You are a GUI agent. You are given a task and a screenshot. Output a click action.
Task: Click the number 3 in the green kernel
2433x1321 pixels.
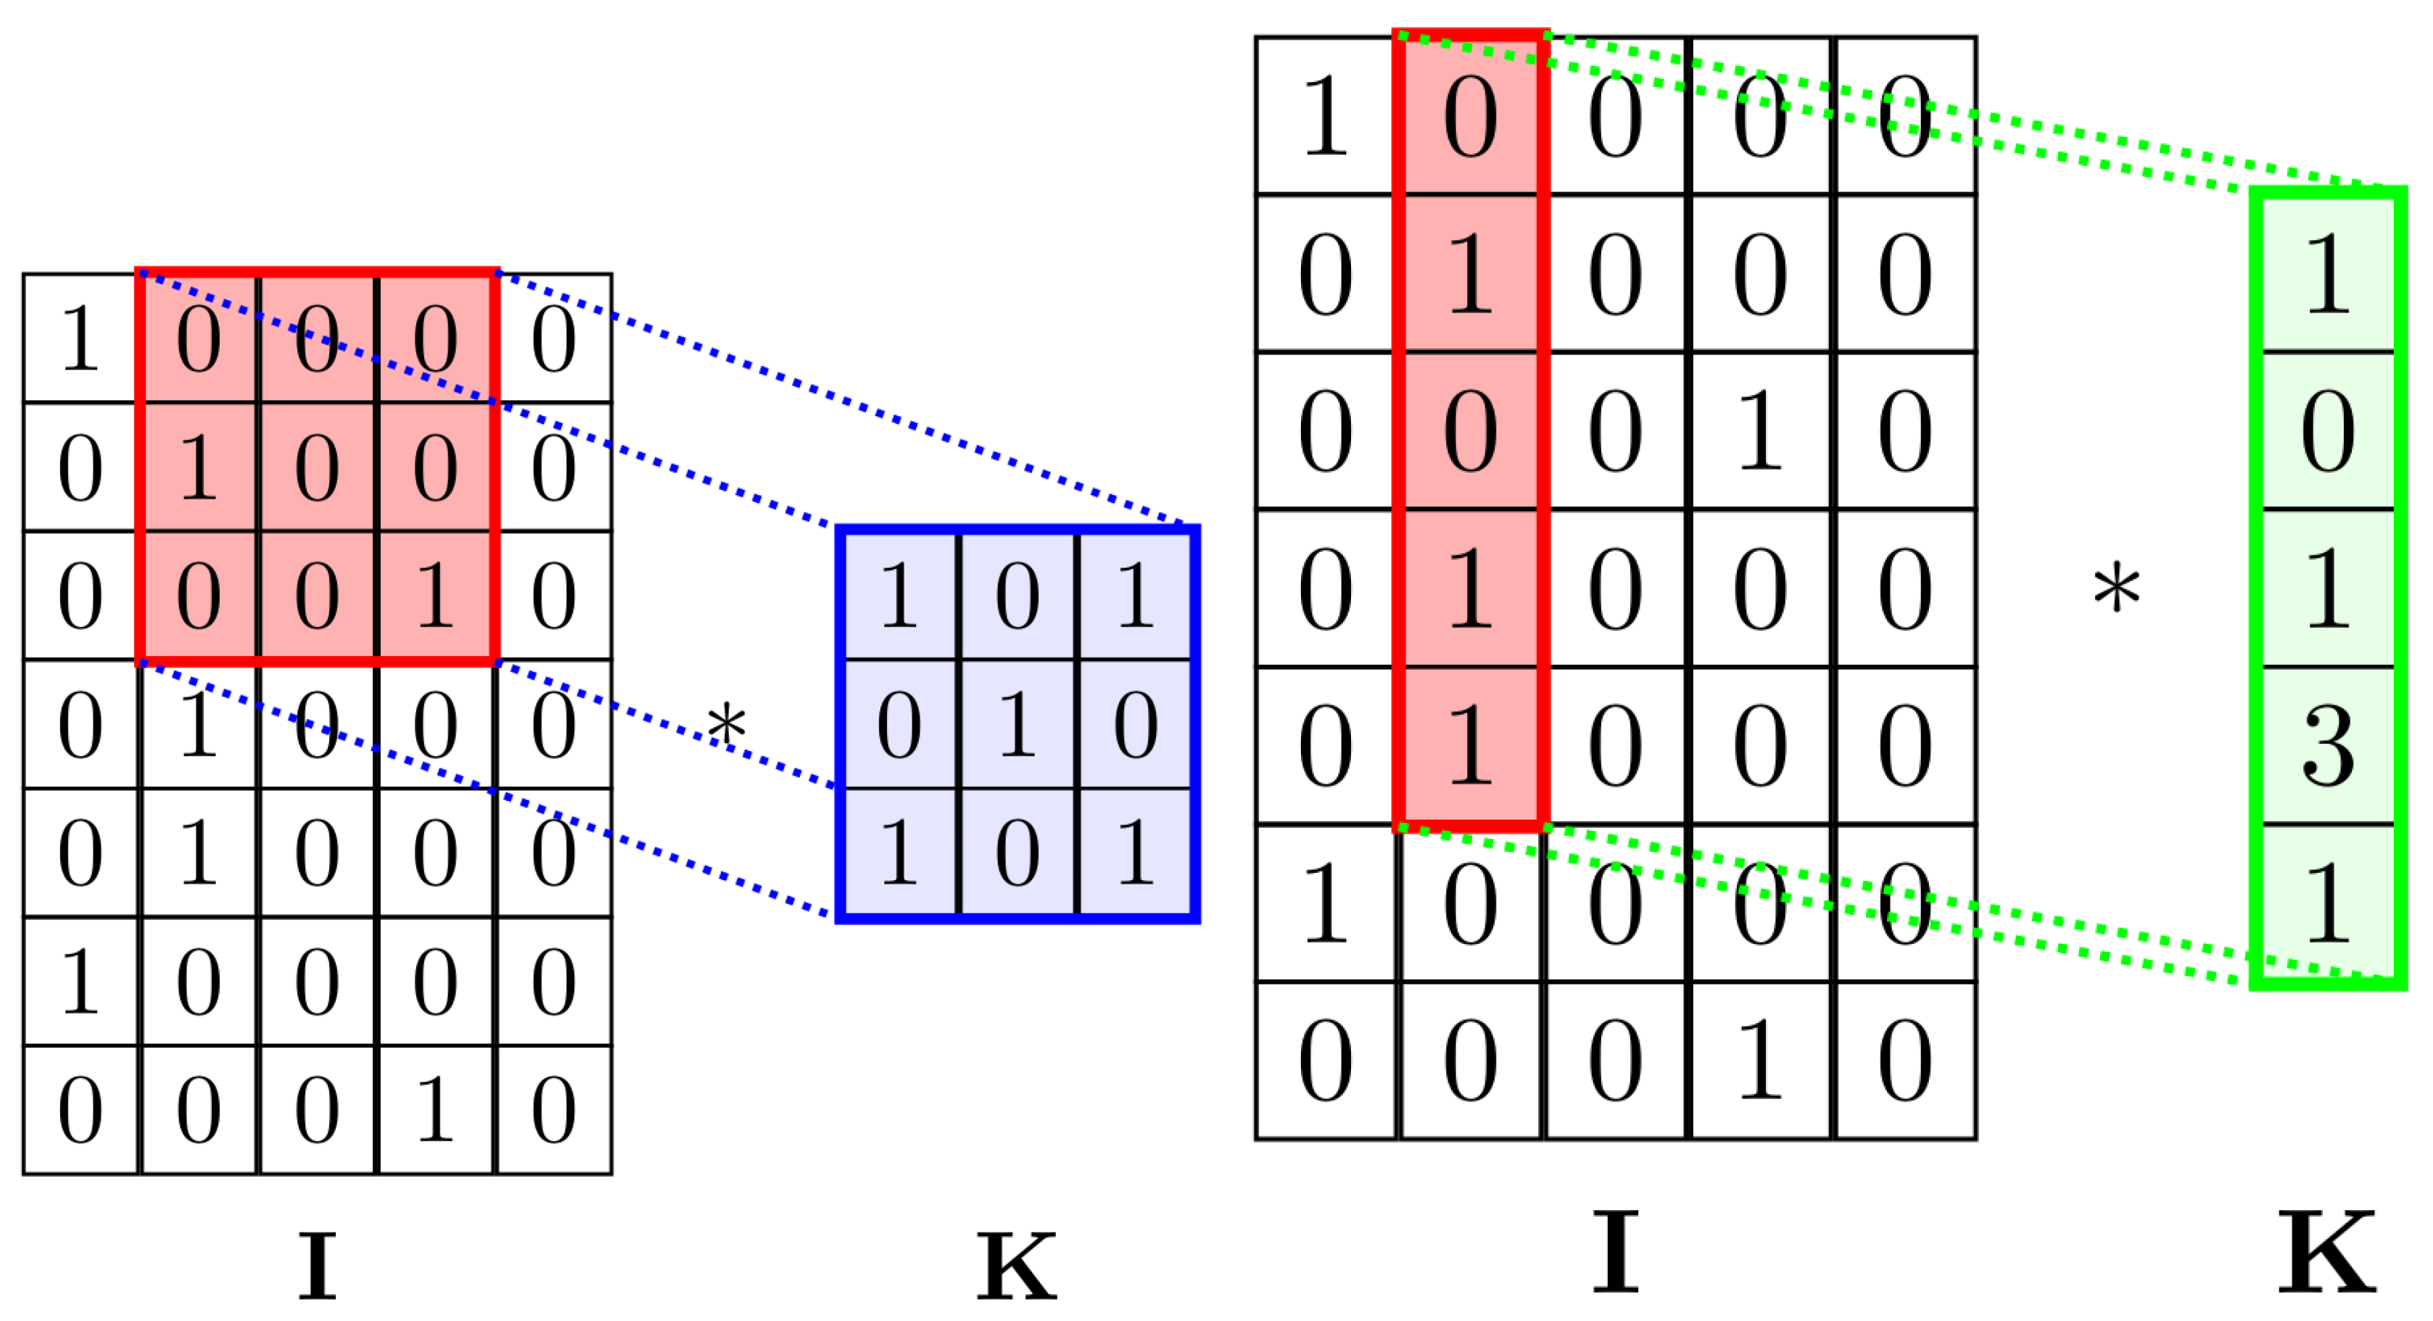point(2326,745)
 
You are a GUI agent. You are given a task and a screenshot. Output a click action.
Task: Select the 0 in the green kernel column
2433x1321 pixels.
point(2326,431)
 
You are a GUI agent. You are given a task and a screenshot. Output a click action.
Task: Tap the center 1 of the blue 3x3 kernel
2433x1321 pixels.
point(1017,724)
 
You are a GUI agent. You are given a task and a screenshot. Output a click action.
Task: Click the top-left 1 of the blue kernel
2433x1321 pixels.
point(899,595)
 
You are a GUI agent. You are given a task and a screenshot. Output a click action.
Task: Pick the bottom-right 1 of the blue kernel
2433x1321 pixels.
point(1135,853)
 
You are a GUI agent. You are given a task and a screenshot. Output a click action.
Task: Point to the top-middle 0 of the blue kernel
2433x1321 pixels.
point(1017,595)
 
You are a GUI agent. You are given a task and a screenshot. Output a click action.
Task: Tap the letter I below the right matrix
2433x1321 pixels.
point(1615,1252)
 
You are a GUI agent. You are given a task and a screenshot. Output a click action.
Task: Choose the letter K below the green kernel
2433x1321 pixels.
point(2326,1252)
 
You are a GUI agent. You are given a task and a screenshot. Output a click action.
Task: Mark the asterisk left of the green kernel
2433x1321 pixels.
point(2117,587)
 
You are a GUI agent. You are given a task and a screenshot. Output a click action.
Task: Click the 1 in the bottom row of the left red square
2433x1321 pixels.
point(434,595)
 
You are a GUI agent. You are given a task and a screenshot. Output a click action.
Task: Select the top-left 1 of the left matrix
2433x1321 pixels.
point(80,338)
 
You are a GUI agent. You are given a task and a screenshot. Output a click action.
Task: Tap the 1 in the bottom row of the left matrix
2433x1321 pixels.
point(434,1111)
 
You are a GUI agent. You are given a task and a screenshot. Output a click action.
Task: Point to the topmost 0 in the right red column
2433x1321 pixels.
point(1471,116)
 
